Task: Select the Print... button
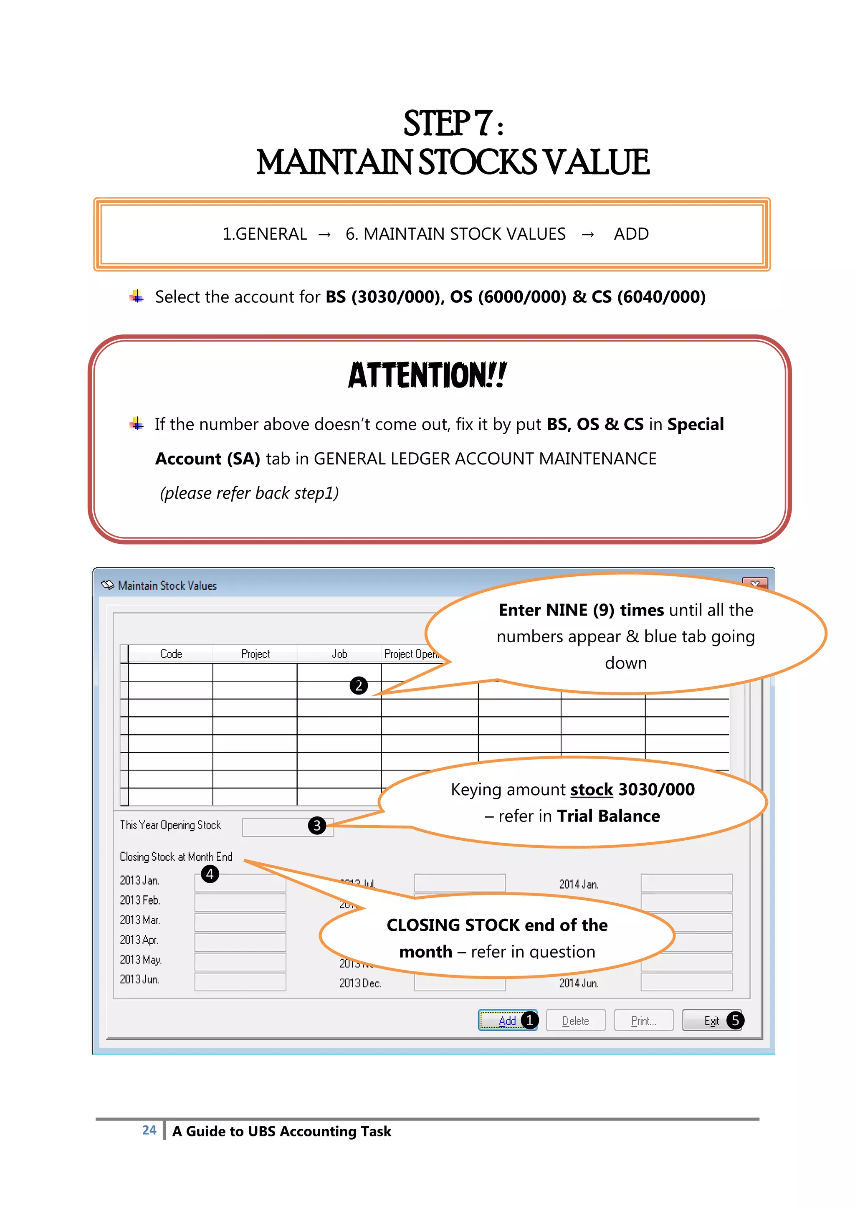[x=643, y=1021]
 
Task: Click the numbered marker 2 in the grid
[x=359, y=686]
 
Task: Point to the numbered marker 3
[x=316, y=825]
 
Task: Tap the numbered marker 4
[x=210, y=874]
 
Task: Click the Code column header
[x=171, y=654]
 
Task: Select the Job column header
[x=339, y=654]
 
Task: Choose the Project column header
[x=255, y=654]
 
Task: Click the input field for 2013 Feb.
[x=240, y=902]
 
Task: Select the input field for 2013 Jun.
[x=240, y=981]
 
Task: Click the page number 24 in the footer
[x=149, y=1130]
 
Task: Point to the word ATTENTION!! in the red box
[x=427, y=375]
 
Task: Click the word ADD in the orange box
[x=631, y=234]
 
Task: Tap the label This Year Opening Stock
[x=170, y=825]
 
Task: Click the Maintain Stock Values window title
[x=167, y=585]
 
